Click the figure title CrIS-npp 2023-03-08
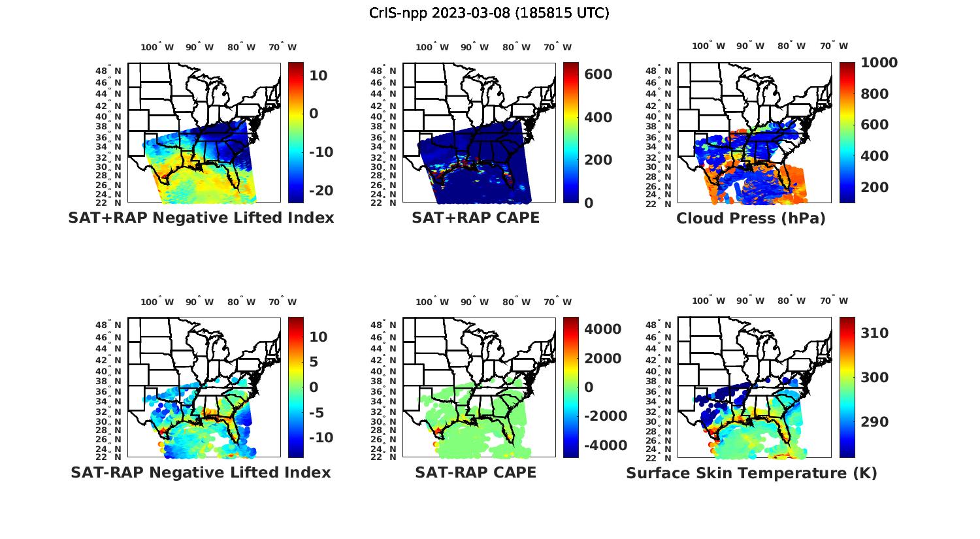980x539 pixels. [489, 13]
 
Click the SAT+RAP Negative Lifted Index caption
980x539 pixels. [201, 218]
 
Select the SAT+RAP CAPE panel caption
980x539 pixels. [476, 218]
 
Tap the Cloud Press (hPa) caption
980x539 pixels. [751, 218]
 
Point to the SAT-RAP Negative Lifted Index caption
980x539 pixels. [201, 472]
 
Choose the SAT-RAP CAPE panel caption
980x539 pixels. [476, 472]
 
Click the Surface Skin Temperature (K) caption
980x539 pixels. [751, 473]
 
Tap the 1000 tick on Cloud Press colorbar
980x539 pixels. [879, 63]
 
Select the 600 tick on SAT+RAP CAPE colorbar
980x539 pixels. [598, 74]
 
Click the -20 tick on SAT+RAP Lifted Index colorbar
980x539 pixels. [321, 190]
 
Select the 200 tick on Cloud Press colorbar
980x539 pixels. [875, 188]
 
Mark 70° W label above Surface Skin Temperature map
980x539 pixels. [834, 301]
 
